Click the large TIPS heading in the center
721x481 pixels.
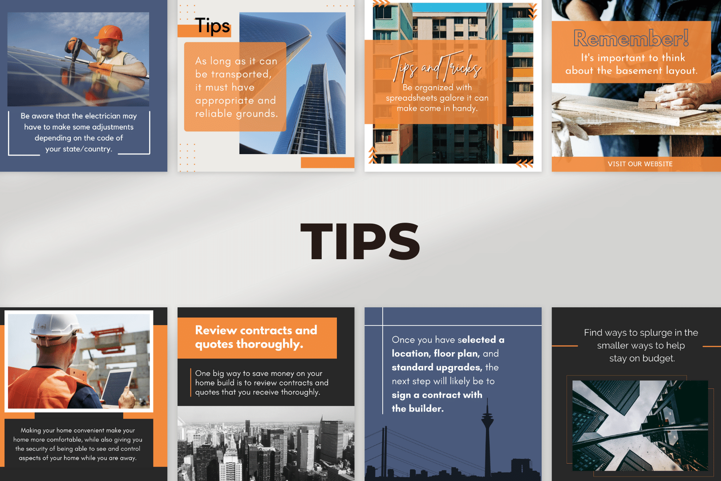coord(360,241)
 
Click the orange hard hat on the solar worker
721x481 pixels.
coord(110,33)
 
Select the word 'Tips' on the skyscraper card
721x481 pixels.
coord(212,25)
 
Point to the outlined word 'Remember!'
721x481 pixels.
coord(631,38)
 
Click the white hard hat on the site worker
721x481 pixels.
coord(55,329)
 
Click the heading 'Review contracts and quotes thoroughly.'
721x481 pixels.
coord(256,337)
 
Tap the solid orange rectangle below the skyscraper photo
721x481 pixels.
coord(328,163)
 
